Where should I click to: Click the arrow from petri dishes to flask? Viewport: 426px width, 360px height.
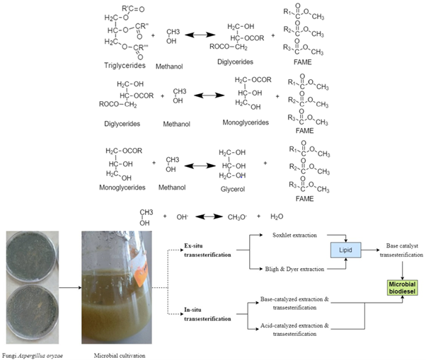(x=65, y=289)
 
